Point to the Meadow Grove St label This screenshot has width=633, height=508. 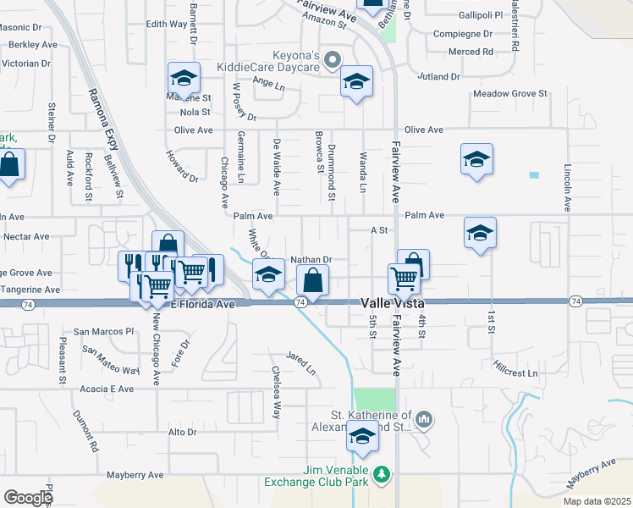click(510, 94)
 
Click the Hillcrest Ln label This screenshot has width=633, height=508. click(515, 373)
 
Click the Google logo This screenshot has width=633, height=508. click(27, 498)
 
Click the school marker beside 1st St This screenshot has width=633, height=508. click(480, 233)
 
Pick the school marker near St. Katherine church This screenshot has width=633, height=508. click(362, 437)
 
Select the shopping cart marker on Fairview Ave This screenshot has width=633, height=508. click(405, 278)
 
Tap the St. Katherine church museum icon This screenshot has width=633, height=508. click(425, 419)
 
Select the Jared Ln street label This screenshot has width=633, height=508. click(300, 364)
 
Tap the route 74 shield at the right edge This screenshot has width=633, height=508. click(575, 301)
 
